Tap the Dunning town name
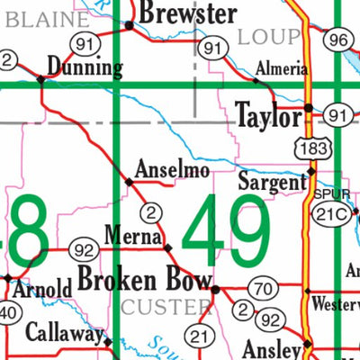[85, 67]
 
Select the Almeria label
[275, 67]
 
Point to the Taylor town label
[267, 116]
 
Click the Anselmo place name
[172, 168]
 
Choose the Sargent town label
[272, 181]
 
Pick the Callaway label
[63, 332]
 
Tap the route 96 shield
[337, 39]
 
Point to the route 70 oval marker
[262, 289]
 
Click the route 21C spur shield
[327, 212]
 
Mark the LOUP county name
[268, 36]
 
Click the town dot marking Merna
[167, 247]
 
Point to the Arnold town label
[41, 290]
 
